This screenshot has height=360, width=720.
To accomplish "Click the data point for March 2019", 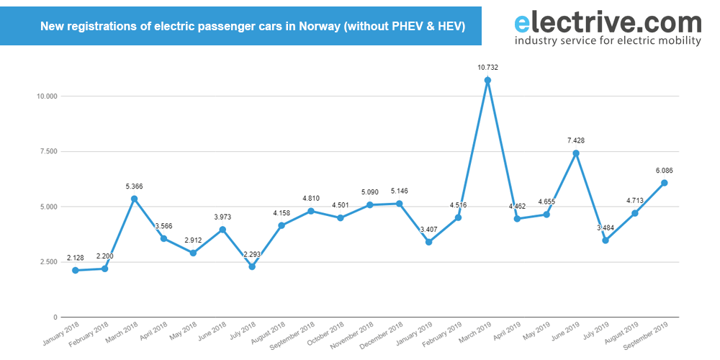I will click(487, 80).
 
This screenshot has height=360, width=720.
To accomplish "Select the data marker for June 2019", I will click(576, 153).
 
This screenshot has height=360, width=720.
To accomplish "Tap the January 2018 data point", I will click(75, 270).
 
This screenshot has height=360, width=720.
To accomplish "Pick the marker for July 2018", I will click(252, 266).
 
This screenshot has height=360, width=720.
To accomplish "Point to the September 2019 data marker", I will click(665, 183).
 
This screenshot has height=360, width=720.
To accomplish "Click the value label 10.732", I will click(487, 68).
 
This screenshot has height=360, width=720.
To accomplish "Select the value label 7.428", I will click(576, 140).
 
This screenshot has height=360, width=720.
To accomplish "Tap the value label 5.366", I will click(134, 186).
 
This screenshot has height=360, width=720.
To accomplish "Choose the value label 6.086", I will click(665, 171).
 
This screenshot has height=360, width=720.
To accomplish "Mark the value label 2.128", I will click(75, 258).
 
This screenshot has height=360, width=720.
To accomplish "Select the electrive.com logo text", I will click(608, 23).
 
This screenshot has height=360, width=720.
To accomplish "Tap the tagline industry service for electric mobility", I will click(608, 41).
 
